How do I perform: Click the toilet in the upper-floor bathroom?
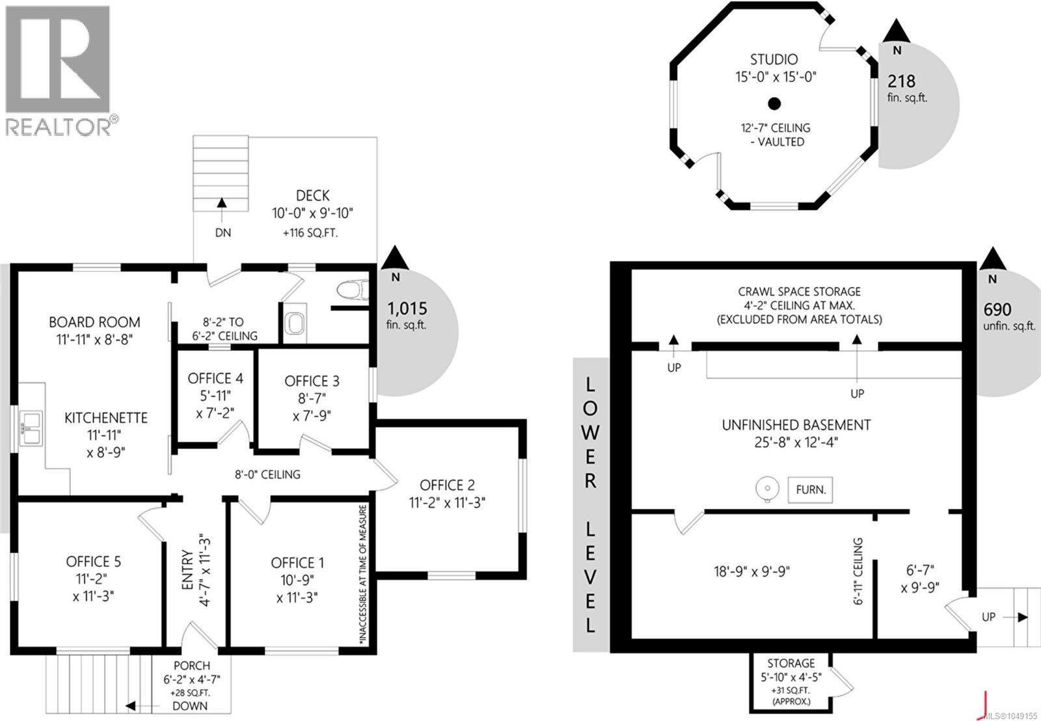click(353, 290)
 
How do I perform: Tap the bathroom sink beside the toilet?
click(295, 323)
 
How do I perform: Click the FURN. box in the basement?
click(810, 489)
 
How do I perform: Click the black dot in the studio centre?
click(774, 103)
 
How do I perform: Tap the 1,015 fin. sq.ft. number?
click(407, 308)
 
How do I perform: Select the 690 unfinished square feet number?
click(997, 310)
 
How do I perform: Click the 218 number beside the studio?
click(901, 81)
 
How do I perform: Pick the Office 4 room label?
click(215, 379)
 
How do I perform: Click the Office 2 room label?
click(447, 485)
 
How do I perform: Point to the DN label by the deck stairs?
click(223, 232)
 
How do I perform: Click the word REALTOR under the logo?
click(58, 126)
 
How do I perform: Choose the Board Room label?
click(94, 322)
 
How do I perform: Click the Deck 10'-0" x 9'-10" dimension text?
click(312, 213)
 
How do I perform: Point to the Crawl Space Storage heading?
click(800, 292)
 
